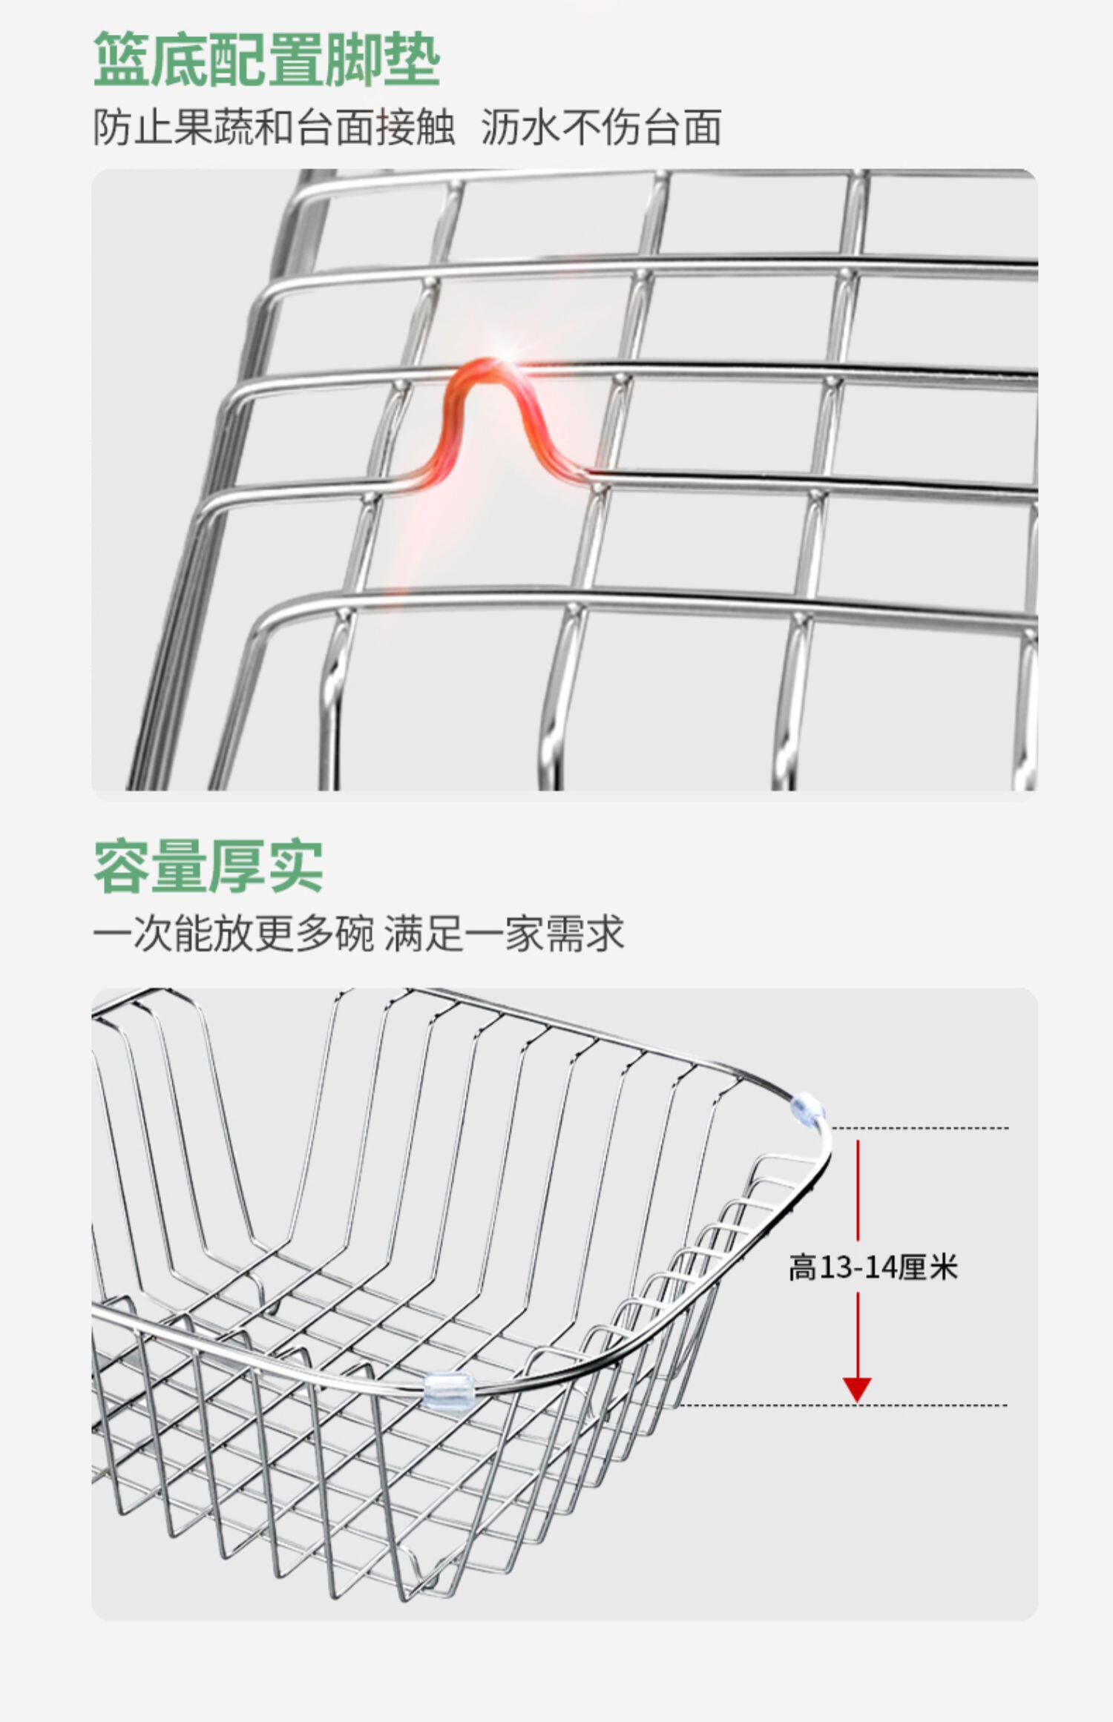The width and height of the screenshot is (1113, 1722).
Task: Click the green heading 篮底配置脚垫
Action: coord(267,59)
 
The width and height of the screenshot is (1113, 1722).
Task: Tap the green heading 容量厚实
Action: coord(209,866)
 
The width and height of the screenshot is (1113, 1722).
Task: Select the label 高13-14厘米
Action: coord(873,1267)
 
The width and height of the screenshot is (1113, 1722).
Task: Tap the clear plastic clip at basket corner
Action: coord(808,1110)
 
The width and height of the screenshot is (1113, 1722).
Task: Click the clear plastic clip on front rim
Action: coord(448,1391)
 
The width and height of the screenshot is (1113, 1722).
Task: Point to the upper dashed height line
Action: coord(920,1128)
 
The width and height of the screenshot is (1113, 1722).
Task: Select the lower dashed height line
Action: coord(842,1405)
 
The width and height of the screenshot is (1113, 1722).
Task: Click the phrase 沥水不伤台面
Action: coord(601,127)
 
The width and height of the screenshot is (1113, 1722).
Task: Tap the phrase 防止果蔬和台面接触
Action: coord(274,127)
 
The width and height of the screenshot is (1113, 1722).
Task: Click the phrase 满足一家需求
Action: coord(504,932)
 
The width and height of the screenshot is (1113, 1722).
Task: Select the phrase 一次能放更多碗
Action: coord(233,932)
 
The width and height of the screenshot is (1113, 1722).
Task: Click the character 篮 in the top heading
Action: coord(122,59)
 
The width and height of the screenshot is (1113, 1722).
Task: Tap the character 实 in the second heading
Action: coord(295,866)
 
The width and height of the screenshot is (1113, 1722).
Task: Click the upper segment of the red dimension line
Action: coord(858,1190)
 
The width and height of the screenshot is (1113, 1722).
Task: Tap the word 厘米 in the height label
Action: coord(929,1267)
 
